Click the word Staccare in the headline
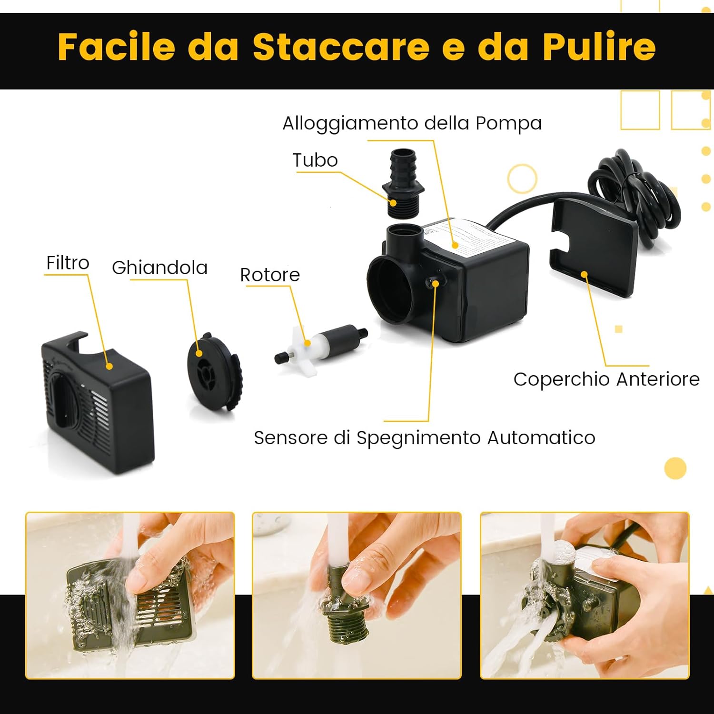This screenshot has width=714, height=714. coord(341,47)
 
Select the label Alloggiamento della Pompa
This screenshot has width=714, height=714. coord(412,123)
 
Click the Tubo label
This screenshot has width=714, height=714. coord(315,160)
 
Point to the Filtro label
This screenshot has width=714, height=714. coord(68,263)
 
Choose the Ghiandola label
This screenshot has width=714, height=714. coord(159,268)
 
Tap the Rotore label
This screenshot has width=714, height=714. coord(269,275)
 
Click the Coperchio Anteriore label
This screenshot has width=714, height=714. coord(606,379)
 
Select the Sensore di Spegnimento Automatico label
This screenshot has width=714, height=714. coord(424,438)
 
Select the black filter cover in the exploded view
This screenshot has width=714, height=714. coord(98,402)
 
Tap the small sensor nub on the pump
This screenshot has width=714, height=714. coord(434,283)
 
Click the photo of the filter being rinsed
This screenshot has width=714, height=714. coord(130,595)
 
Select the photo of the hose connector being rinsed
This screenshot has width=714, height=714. coord(357,595)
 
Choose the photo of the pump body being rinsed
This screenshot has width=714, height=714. coord(585,595)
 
